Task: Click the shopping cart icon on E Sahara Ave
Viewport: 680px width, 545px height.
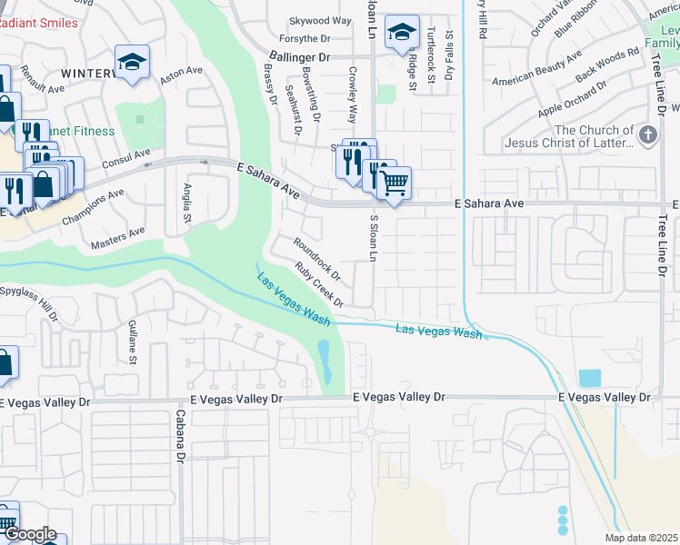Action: tap(394, 182)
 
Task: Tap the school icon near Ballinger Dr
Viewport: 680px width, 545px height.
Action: tap(400, 34)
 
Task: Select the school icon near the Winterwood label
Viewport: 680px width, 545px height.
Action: tap(133, 63)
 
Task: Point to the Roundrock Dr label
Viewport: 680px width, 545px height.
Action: tap(317, 257)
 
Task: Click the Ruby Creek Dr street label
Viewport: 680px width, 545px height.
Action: tap(319, 284)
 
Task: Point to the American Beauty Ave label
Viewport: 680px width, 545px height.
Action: tap(536, 69)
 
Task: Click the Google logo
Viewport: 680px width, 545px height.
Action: tap(29, 534)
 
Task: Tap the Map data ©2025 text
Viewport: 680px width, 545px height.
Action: tap(640, 538)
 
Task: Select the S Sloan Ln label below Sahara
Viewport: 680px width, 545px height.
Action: tap(373, 239)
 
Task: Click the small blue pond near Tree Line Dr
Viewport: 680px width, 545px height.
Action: tap(589, 378)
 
